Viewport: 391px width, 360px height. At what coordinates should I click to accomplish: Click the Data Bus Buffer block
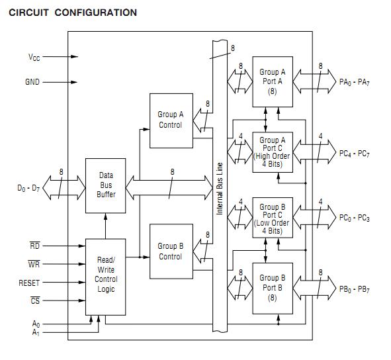pyautogui.click(x=106, y=185)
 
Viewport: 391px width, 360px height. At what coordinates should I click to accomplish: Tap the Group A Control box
pyautogui.click(x=171, y=120)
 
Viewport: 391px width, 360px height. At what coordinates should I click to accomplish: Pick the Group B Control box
pyautogui.click(x=171, y=251)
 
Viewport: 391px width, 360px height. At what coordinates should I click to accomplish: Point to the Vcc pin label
pyautogui.click(x=34, y=58)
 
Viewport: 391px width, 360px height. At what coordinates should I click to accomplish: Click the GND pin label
pyautogui.click(x=32, y=83)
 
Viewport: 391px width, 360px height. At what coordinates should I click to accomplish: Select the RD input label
pyautogui.click(x=35, y=246)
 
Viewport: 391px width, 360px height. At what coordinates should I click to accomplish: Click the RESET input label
pyautogui.click(x=30, y=283)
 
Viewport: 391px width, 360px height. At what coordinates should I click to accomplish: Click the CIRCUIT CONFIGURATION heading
pyautogui.click(x=73, y=13)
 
